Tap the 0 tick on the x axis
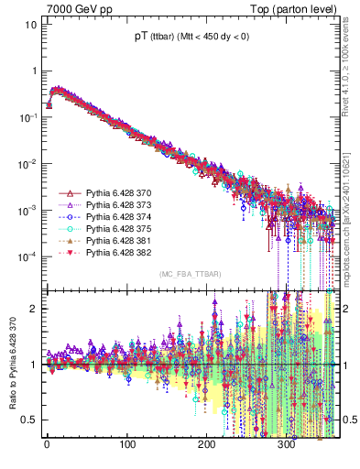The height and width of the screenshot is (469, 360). point(47,448)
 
